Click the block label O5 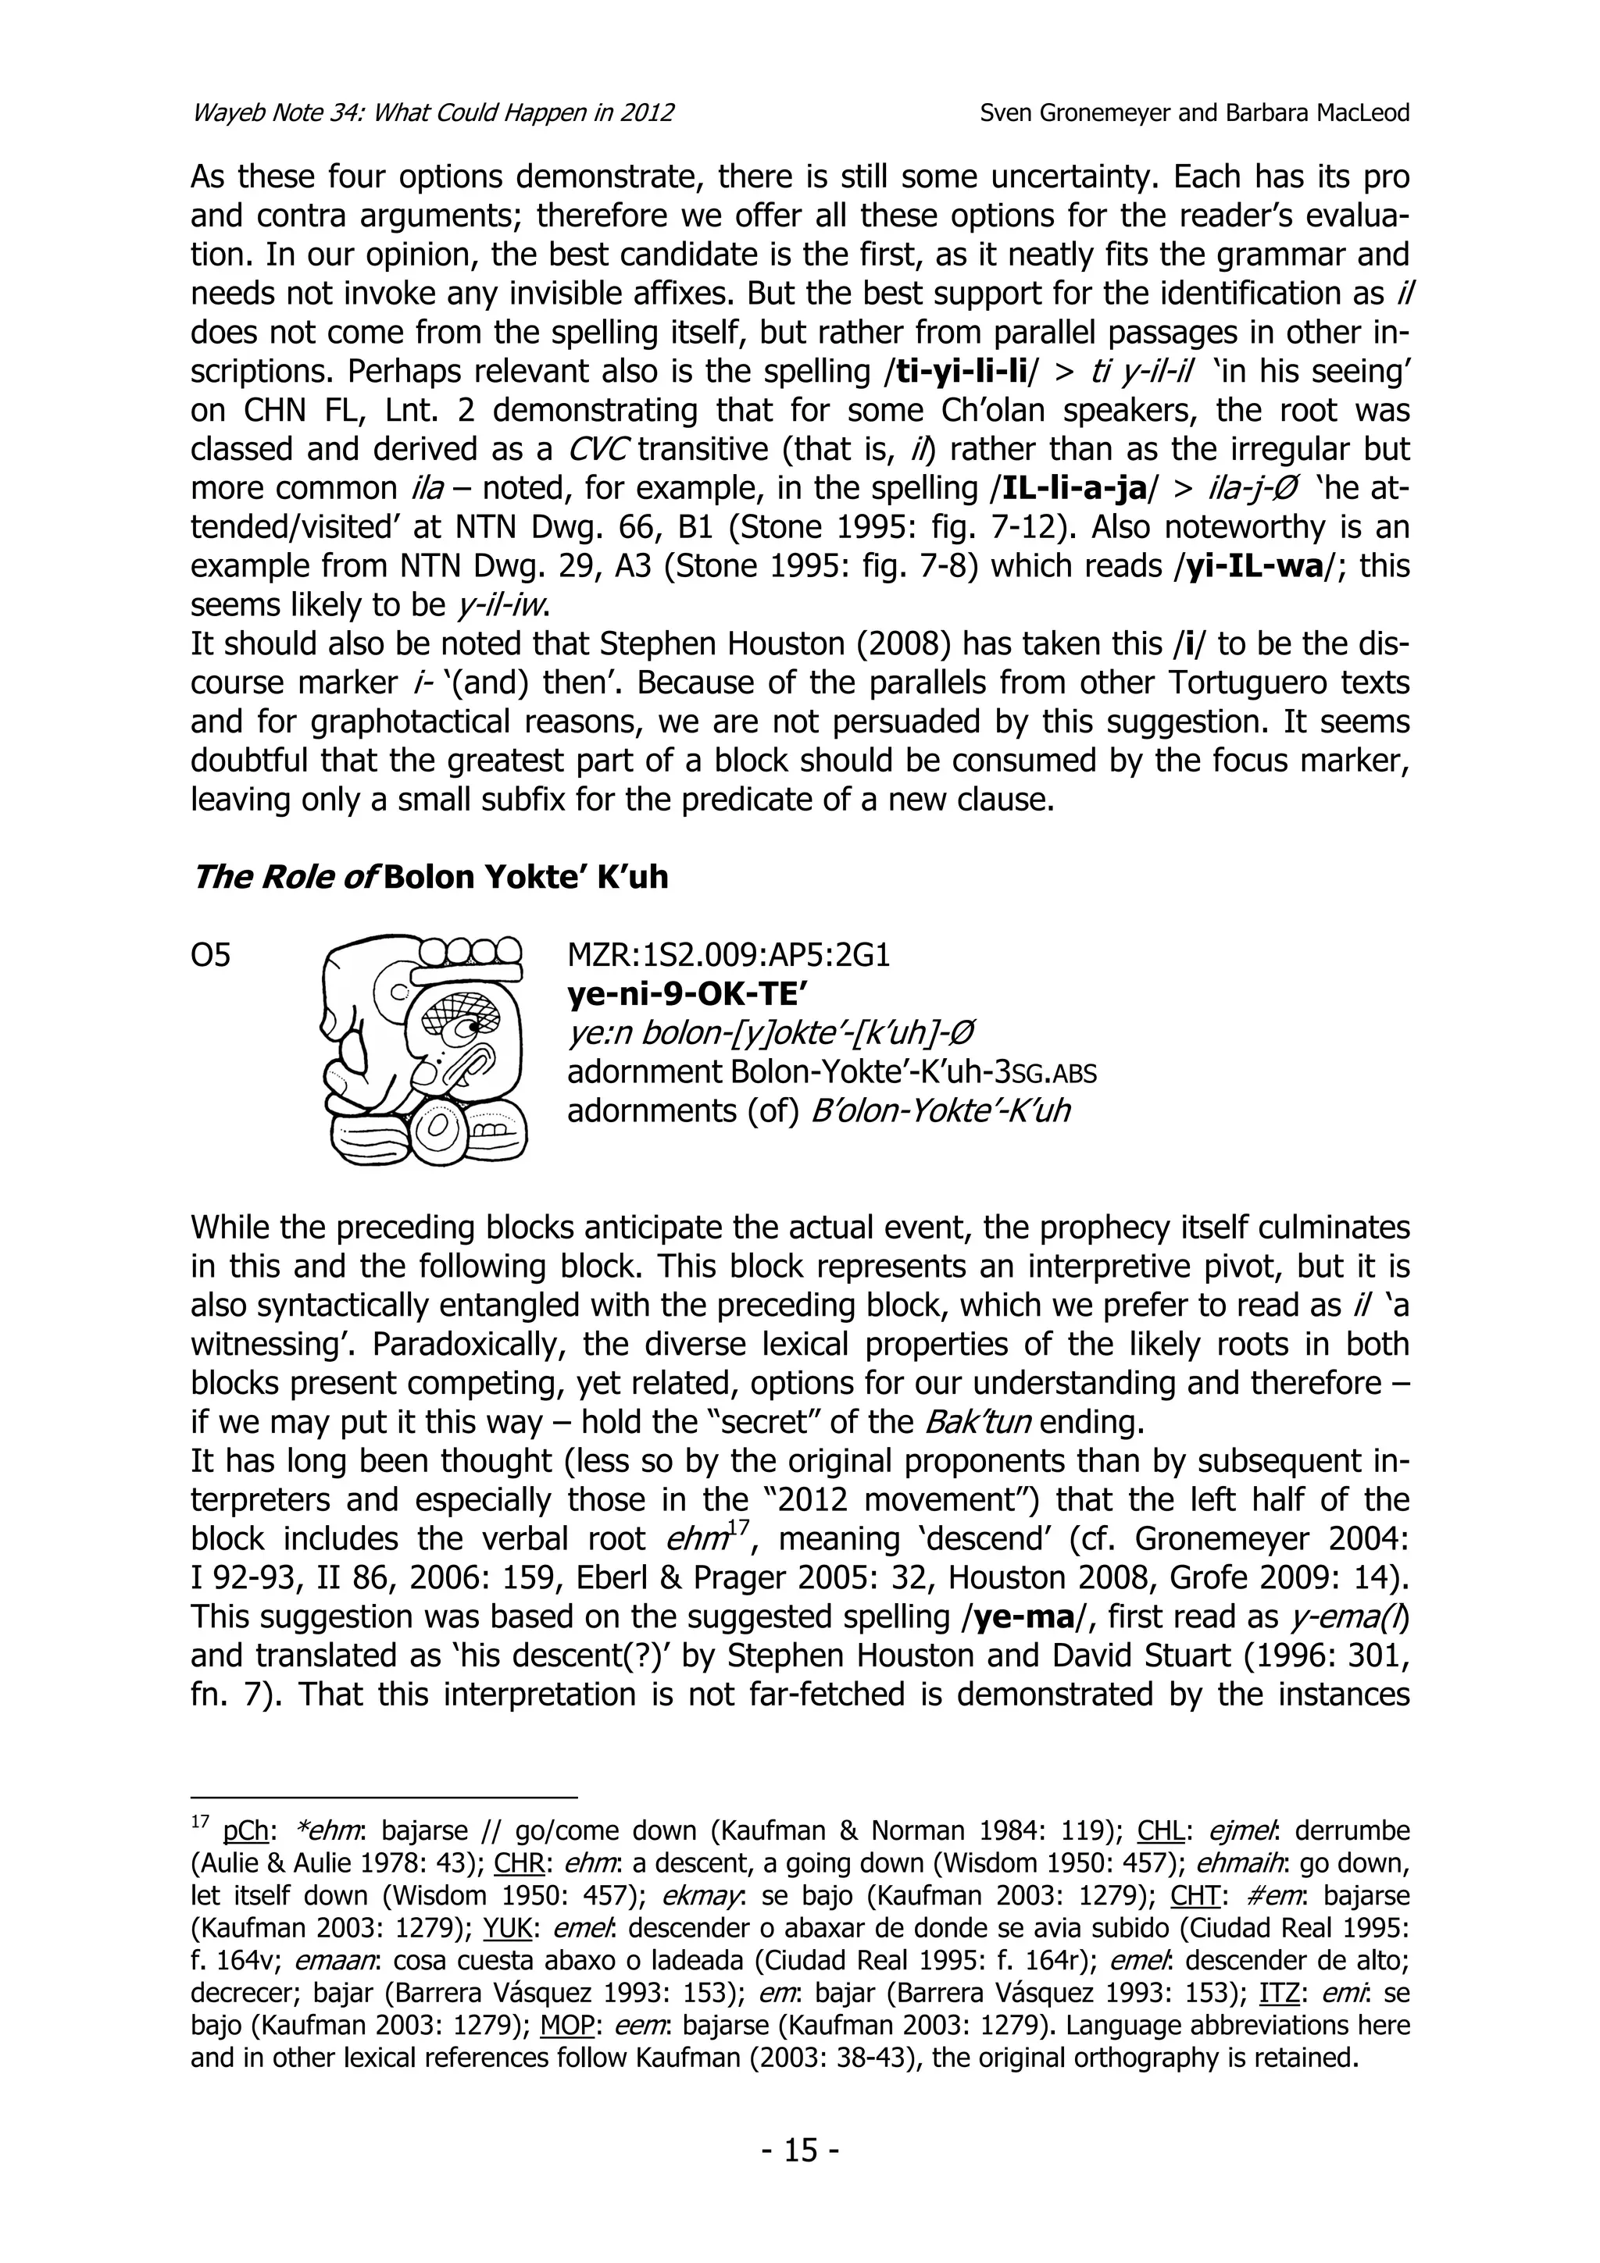click(x=210, y=955)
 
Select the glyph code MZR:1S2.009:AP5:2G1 click(x=729, y=955)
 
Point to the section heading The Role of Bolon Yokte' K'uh click(x=429, y=876)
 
